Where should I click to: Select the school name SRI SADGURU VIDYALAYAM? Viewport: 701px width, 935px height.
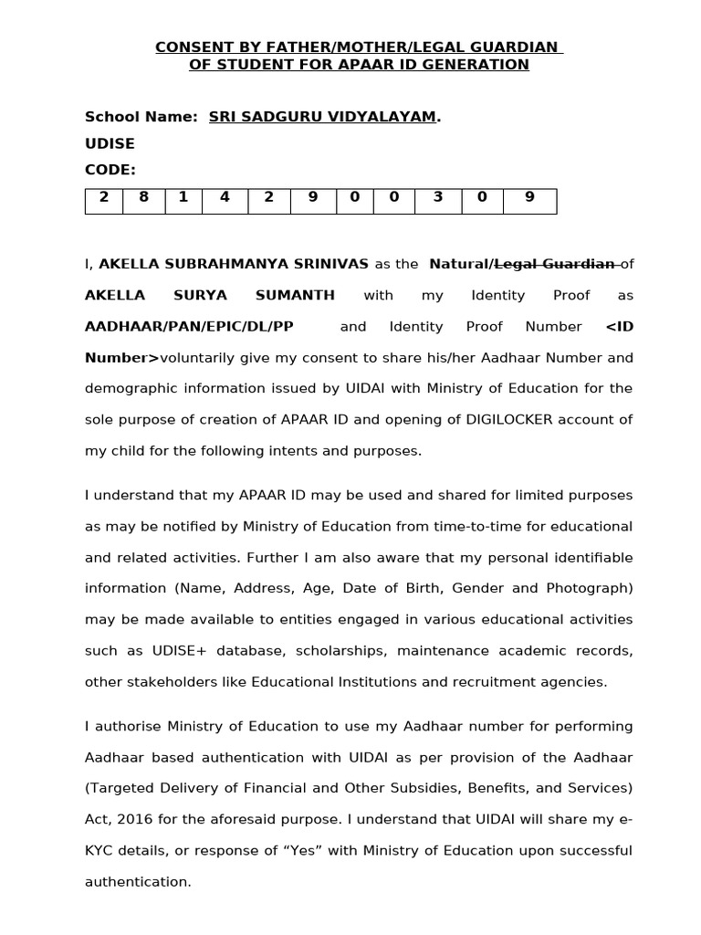tap(322, 117)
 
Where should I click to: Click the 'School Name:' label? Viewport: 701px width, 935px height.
tap(141, 117)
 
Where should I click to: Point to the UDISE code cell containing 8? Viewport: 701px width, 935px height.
tap(144, 197)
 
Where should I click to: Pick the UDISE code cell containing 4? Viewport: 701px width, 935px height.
tap(225, 197)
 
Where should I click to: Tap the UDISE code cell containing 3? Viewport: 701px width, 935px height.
tap(437, 197)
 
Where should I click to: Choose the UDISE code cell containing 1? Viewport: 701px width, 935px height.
tap(184, 197)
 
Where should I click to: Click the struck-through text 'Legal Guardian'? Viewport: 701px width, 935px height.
tap(554, 264)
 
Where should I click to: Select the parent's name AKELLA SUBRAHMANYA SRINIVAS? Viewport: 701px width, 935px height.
tap(234, 264)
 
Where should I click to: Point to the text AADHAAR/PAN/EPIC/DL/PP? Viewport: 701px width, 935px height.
tap(189, 326)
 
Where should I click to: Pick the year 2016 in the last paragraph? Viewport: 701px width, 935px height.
tap(133, 820)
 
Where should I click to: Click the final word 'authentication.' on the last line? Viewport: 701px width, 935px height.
tap(138, 882)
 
